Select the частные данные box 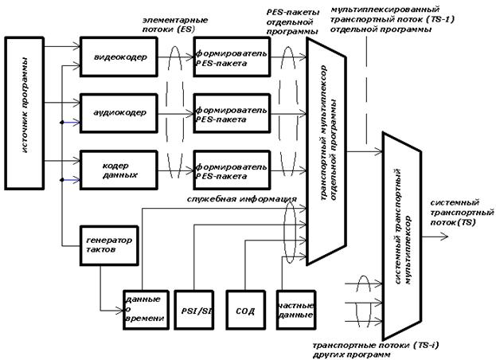coord(291,306)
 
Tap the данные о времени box coord(143,306)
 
